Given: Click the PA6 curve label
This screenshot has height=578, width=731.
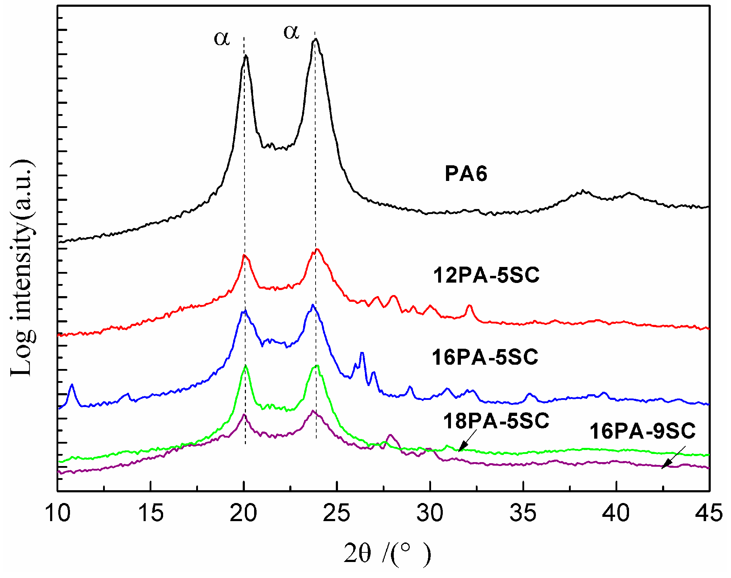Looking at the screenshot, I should point(466,174).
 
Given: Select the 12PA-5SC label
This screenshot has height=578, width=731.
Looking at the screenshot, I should point(486,275).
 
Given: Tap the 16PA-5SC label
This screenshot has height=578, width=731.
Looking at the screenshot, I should point(485,357).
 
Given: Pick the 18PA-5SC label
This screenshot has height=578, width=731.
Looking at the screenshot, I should point(496,421).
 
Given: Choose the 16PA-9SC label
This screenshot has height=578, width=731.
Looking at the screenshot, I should point(643,431).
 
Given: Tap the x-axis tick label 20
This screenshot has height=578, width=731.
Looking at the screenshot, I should point(243,513).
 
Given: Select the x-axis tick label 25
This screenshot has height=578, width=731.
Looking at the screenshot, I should point(337,513).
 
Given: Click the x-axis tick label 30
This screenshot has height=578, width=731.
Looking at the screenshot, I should point(430,513).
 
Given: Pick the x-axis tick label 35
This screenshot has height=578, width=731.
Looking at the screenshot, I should point(523,513).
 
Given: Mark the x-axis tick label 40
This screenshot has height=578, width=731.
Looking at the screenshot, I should point(616,513).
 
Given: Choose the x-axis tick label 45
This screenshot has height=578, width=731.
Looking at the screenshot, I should point(709,513).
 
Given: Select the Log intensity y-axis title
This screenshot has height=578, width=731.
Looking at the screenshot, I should point(22,268).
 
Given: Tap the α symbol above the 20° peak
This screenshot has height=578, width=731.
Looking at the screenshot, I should point(222,38).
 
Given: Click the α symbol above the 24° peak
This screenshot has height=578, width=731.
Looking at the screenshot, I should point(291,32).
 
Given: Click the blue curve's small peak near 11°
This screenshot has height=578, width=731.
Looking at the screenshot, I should point(72,385).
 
